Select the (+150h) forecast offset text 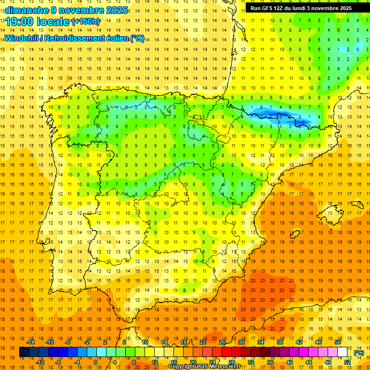85,21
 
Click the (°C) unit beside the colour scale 359,353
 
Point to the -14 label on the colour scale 31,342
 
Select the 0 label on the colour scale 95,362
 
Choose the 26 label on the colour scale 222,342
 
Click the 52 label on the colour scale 347,362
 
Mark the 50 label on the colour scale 337,342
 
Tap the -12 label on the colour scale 40,362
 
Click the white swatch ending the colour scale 342,352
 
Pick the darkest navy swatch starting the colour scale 24,352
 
